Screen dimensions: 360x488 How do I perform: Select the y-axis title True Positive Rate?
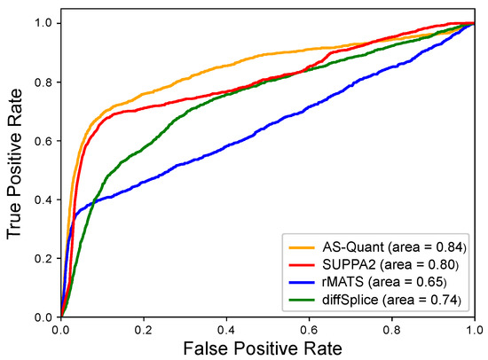point(16,168)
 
